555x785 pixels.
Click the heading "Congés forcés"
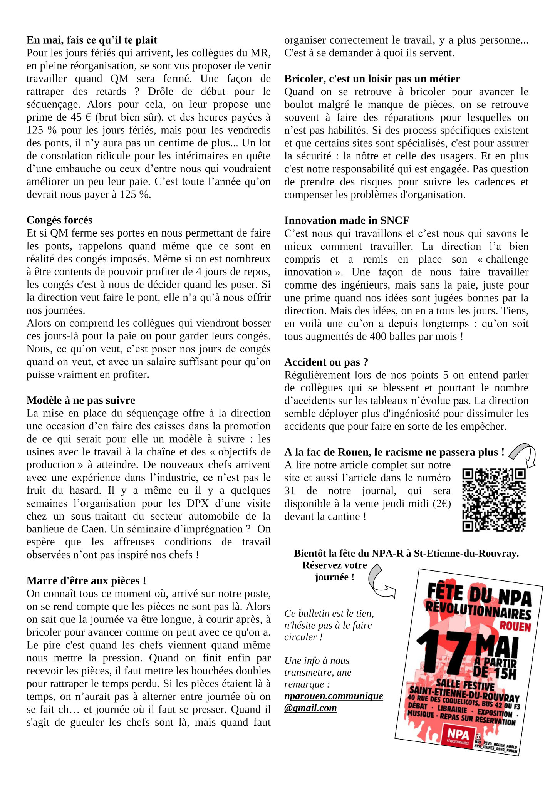point(59,220)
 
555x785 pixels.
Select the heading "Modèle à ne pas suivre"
point(80,400)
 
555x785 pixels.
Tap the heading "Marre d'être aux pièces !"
point(86,580)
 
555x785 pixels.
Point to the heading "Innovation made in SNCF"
point(346,220)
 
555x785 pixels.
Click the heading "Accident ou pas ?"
point(326,362)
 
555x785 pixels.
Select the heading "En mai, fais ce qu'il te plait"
point(92,40)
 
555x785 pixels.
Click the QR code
point(494,500)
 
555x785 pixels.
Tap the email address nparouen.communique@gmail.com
point(333,702)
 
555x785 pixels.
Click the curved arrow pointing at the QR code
point(524,455)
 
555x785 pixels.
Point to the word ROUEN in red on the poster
point(515,626)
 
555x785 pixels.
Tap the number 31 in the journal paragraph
point(290,491)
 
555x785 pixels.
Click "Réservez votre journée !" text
point(334,571)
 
